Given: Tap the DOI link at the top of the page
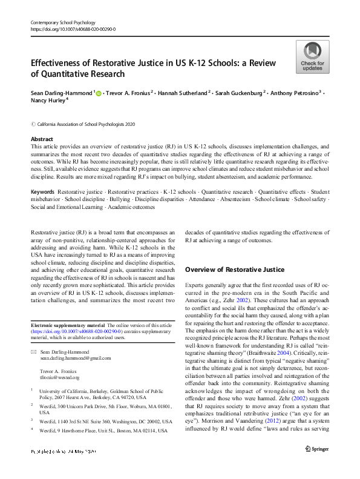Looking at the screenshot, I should (x=73, y=29).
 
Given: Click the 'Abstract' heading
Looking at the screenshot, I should (x=42, y=139).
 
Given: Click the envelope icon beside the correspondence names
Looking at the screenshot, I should (x=34, y=352).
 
